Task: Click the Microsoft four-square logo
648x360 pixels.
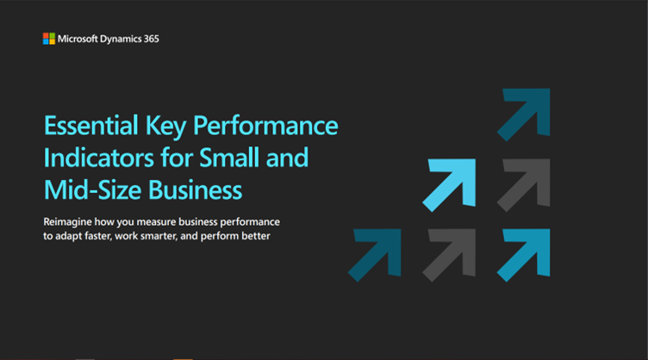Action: (x=49, y=39)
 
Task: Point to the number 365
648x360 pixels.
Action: (x=152, y=39)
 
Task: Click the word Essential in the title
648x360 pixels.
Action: (x=91, y=126)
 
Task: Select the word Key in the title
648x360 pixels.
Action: (x=165, y=127)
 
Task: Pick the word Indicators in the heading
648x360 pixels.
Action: (x=99, y=158)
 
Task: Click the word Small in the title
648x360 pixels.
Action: (x=229, y=158)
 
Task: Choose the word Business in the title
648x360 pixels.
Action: (x=195, y=190)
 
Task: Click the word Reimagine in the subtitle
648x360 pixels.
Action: (x=67, y=222)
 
